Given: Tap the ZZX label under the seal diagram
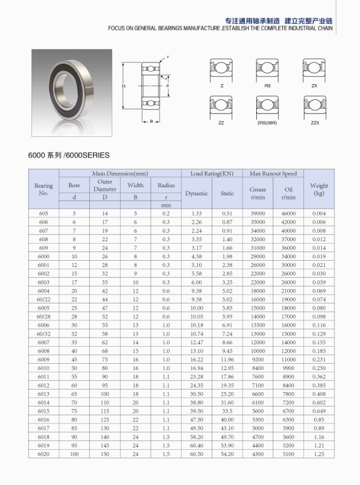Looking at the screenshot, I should pos(315,123).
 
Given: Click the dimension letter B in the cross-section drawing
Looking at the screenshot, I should pos(151,122).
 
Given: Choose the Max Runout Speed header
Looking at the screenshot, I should pos(273,173).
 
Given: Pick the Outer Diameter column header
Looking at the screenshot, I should pos(105,185).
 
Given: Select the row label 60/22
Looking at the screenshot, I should pos(43,299).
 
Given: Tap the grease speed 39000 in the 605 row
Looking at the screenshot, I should pos(258,214).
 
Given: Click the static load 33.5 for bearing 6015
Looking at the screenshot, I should pos(227,428).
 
